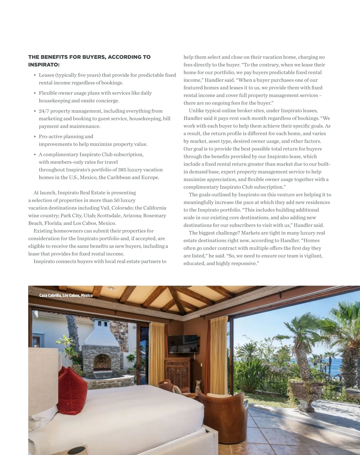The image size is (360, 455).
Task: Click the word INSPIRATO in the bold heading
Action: point(44,65)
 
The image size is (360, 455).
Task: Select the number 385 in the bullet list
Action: point(122,170)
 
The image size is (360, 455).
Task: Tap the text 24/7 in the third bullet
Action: point(44,111)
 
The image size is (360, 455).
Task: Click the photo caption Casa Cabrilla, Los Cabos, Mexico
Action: point(66,296)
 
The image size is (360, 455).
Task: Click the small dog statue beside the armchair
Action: point(198,387)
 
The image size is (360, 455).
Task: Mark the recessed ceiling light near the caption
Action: point(111,289)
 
